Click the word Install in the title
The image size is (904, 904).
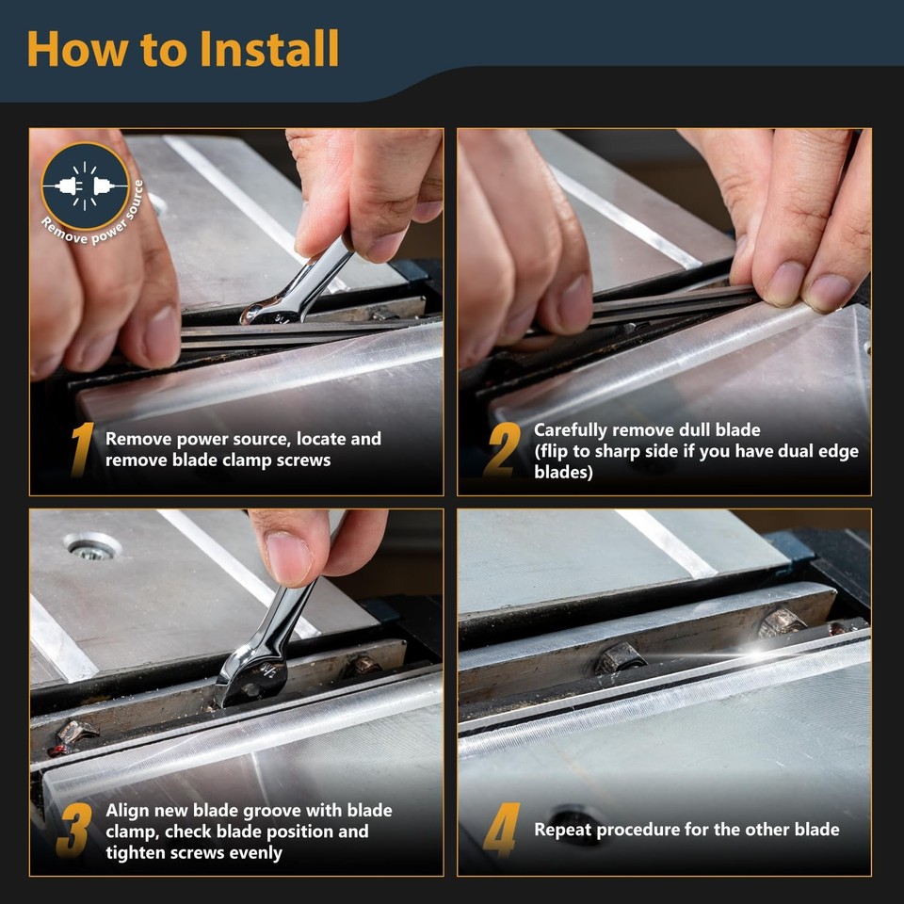[x=269, y=49]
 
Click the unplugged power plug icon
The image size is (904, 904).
[x=85, y=186]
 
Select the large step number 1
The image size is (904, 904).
[x=82, y=450]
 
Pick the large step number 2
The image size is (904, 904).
[x=502, y=450]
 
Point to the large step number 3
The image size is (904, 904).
[x=73, y=831]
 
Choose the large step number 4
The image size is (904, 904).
[x=501, y=831]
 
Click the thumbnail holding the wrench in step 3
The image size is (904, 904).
[x=288, y=557]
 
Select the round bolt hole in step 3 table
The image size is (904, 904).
[x=92, y=547]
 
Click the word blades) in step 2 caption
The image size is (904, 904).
[x=563, y=472]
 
